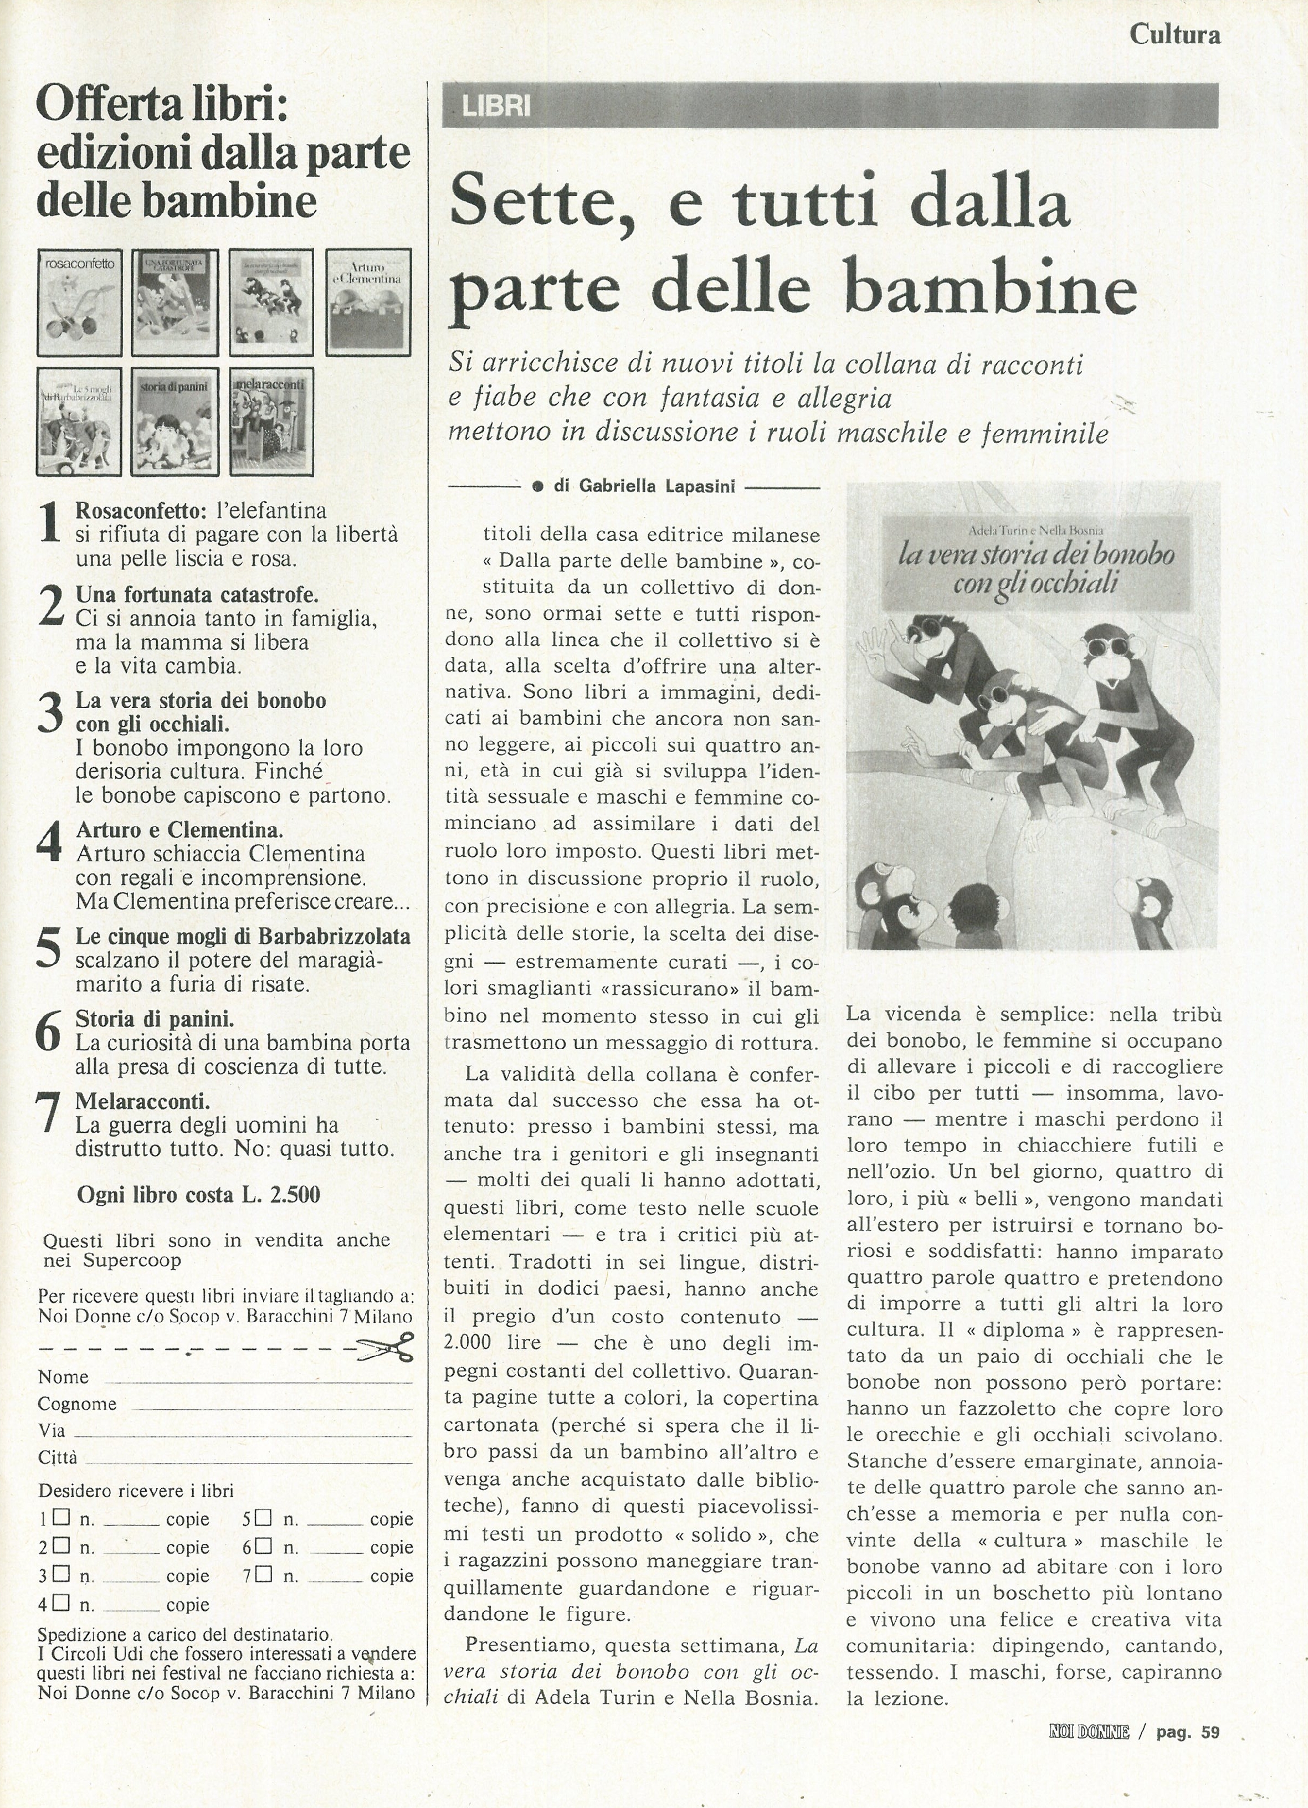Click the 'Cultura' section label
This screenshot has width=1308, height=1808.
(1174, 34)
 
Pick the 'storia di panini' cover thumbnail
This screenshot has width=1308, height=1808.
(175, 421)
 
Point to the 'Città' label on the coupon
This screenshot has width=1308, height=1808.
(58, 1457)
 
